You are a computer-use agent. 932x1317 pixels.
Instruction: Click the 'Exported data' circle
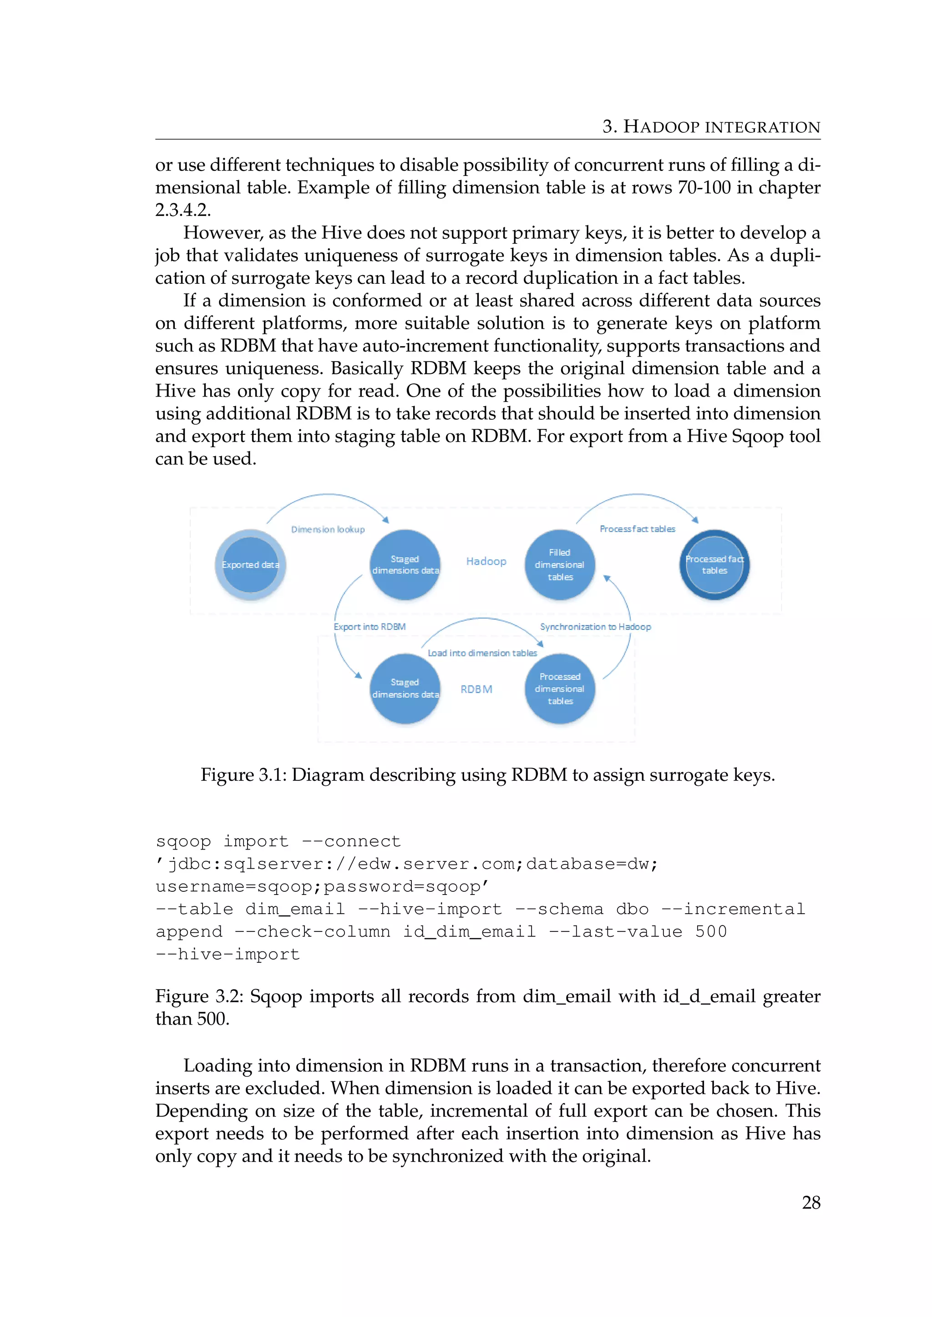(250, 565)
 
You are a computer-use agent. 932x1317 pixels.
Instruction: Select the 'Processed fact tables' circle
(714, 565)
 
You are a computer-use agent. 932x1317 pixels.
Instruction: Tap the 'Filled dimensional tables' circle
(560, 565)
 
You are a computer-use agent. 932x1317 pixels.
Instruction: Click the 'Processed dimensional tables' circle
(560, 689)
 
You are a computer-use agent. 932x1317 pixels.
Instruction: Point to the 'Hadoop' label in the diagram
(486, 562)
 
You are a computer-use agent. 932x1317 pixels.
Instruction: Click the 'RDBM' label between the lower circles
(476, 689)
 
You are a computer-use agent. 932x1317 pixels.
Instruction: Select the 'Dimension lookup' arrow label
(328, 529)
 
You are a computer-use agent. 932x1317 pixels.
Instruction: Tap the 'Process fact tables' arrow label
(637, 529)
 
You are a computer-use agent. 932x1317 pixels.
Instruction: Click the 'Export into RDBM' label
(370, 627)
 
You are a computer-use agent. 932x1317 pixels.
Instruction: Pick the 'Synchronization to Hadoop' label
(595, 627)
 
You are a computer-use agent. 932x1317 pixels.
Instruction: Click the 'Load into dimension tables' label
(482, 653)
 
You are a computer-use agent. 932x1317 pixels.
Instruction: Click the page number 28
(811, 1203)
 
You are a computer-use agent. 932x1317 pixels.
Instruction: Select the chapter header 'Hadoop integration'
(712, 127)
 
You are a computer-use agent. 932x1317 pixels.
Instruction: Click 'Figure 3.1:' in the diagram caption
(243, 775)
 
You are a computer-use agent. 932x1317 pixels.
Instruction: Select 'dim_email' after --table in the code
(295, 909)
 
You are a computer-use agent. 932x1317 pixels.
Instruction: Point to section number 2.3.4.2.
(182, 210)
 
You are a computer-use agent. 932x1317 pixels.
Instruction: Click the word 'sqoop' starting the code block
(183, 841)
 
